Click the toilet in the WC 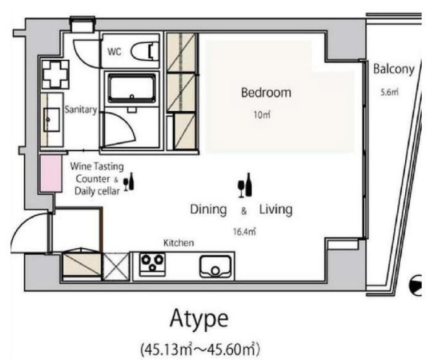145,51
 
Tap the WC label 114,52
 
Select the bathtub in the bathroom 132,88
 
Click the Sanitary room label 81,109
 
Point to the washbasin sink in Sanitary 52,120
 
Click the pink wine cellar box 51,174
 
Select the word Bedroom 266,93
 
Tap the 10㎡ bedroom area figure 262,114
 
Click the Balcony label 394,69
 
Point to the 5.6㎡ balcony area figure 389,92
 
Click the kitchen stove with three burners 152,264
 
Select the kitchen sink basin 215,266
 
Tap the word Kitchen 178,243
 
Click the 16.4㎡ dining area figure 245,232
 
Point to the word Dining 209,210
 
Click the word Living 276,210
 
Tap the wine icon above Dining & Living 245,185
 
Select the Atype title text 199,319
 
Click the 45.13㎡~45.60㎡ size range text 200,349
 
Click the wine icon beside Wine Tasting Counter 129,181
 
